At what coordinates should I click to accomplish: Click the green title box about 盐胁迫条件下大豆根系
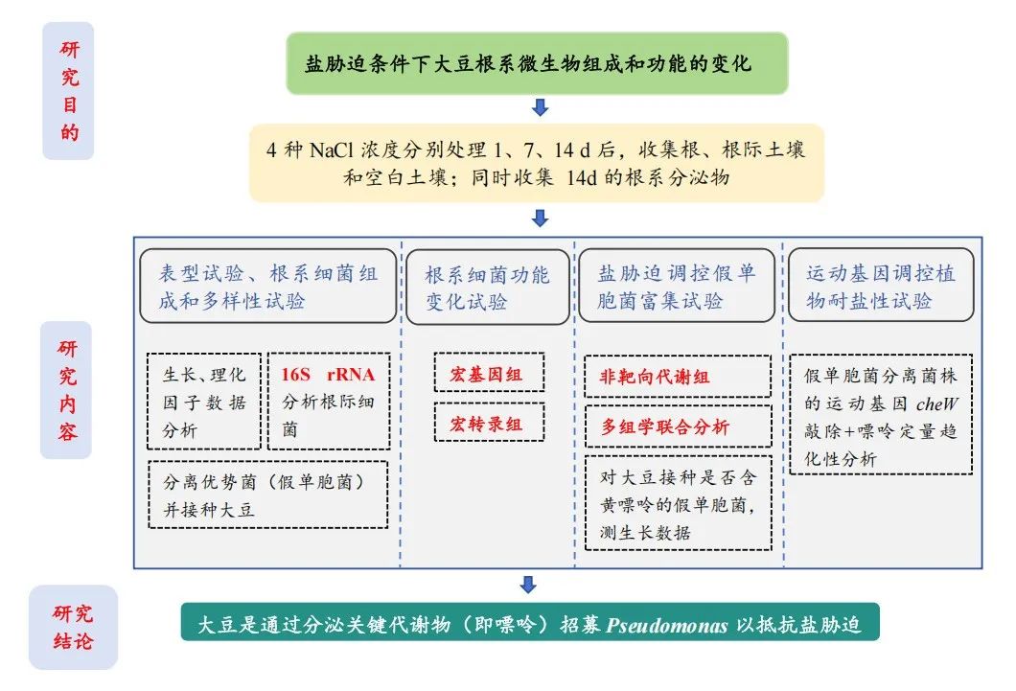(537, 63)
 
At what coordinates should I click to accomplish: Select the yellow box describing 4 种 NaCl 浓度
(537, 163)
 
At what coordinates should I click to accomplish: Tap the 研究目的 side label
(69, 91)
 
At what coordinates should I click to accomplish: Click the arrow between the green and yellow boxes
(540, 107)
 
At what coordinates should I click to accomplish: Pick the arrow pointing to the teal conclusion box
(527, 585)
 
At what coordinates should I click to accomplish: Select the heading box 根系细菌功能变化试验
(487, 287)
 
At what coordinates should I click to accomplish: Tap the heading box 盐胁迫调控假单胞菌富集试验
(677, 287)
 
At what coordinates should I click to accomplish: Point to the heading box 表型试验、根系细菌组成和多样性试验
(268, 286)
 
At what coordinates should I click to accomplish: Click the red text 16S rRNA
(329, 374)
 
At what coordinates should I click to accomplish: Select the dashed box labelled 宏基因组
(488, 374)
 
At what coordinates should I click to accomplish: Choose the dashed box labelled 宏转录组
(488, 422)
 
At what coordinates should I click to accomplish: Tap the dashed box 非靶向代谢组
(677, 377)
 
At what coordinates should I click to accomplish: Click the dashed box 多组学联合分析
(677, 426)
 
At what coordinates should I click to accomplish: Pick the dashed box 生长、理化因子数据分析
(203, 401)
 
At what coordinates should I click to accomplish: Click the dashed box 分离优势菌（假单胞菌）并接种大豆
(268, 494)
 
